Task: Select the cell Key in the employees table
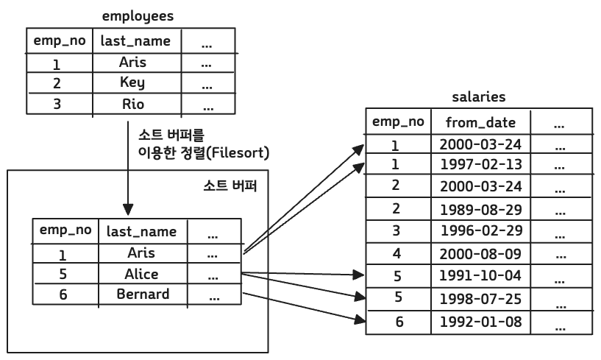tap(132, 82)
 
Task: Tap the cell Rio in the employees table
tap(132, 104)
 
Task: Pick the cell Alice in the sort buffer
tap(141, 274)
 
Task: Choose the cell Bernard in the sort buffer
tap(142, 294)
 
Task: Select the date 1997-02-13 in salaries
tap(480, 164)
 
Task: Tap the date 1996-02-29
tap(480, 230)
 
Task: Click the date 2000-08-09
tap(480, 254)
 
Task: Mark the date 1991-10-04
tap(480, 278)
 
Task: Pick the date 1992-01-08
tap(480, 322)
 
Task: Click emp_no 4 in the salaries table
tap(396, 254)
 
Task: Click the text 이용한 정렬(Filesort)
tap(205, 154)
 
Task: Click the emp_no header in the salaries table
tap(397, 121)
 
